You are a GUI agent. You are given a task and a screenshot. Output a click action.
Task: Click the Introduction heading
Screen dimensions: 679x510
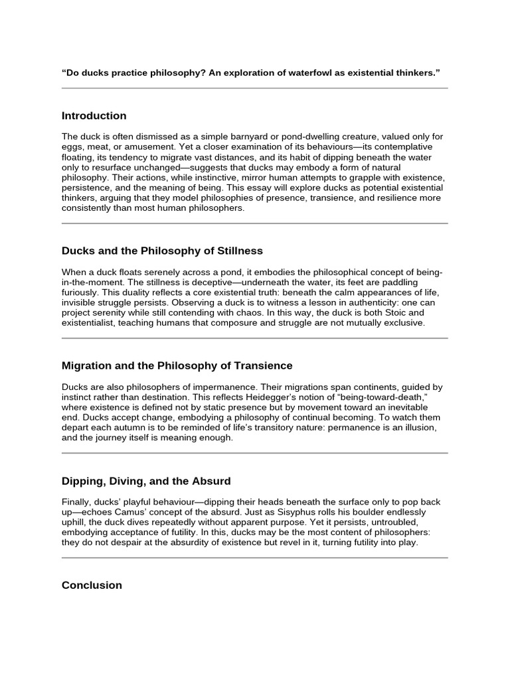point(94,116)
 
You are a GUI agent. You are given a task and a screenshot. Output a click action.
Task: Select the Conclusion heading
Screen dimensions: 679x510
point(92,586)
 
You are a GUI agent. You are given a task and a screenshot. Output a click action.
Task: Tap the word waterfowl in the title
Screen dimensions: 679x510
point(292,72)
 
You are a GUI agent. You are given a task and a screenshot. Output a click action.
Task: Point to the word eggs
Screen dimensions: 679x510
point(72,147)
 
